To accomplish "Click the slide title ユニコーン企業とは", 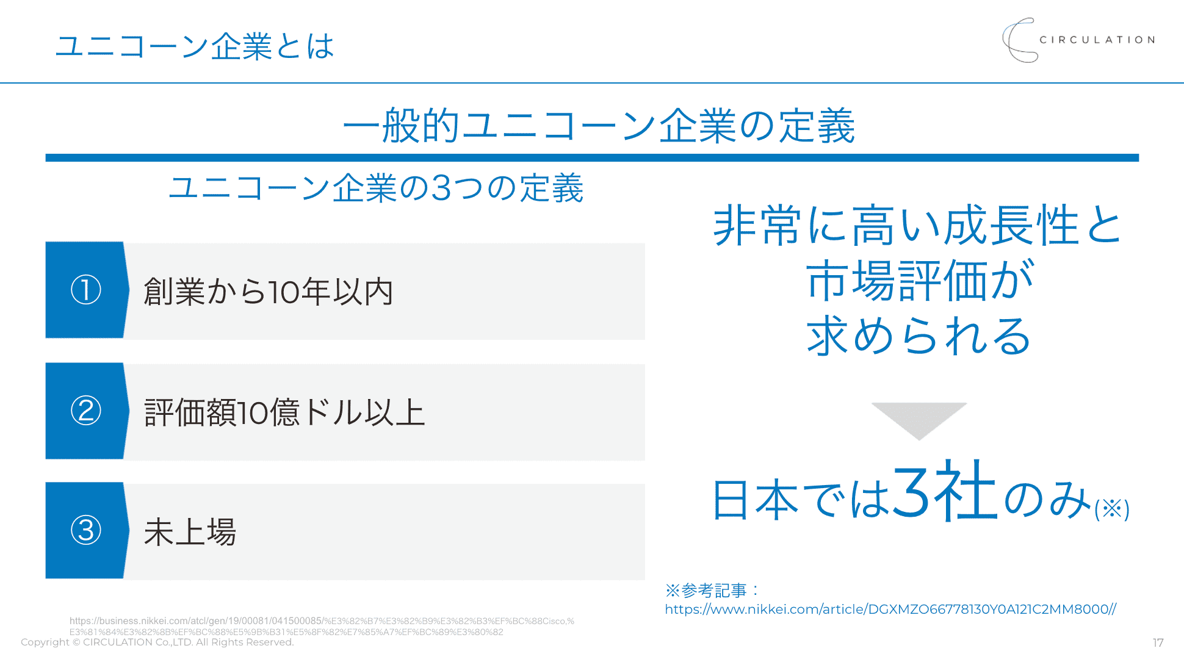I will tap(194, 46).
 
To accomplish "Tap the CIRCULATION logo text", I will tap(1097, 40).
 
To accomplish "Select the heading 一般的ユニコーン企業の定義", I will tap(598, 126).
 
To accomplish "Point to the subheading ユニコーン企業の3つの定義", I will tap(376, 188).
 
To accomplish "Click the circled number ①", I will tap(86, 290).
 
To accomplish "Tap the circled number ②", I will tap(86, 411).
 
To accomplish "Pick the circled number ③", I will tap(86, 530).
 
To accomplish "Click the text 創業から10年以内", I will tap(269, 292).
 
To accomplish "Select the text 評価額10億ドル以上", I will tap(284, 412).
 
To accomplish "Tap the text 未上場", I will tap(190, 532).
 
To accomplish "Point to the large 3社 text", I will tap(945, 491).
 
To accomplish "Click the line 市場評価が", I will tap(919, 281).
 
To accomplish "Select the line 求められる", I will tap(919, 336).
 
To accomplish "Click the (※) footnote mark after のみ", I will tap(1111, 509).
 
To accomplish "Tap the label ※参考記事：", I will tap(712, 591).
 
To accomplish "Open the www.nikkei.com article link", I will tap(890, 609).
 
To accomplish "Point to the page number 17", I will tap(1158, 642).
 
